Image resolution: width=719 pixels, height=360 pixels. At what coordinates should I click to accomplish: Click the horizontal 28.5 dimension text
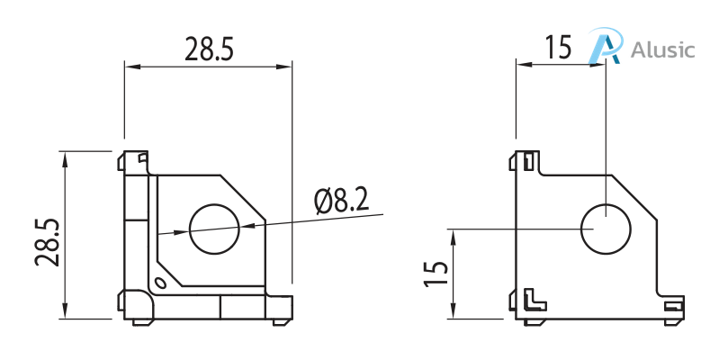[209, 49]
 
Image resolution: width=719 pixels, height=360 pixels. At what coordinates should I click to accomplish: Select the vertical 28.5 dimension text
[47, 241]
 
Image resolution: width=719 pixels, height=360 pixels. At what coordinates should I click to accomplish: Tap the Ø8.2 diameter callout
[341, 201]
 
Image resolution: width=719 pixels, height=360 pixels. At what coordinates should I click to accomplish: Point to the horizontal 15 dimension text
[558, 47]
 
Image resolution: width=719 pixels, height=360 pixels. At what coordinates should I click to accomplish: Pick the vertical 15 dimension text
[436, 274]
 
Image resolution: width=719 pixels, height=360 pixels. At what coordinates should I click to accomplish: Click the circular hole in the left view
[214, 229]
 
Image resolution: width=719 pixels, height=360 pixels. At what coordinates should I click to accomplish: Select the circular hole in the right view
[606, 229]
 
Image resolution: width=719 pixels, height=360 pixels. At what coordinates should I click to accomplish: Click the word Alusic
[663, 49]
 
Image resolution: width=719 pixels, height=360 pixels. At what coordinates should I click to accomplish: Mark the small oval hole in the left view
[160, 284]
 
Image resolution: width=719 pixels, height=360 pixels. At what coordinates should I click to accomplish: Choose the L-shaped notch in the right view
[534, 298]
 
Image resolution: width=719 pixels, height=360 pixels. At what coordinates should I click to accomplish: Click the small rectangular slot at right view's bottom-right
[673, 308]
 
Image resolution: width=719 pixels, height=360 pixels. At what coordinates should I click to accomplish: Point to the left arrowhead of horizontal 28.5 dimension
[130, 66]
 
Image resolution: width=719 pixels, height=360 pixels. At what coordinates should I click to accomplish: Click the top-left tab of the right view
[528, 160]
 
